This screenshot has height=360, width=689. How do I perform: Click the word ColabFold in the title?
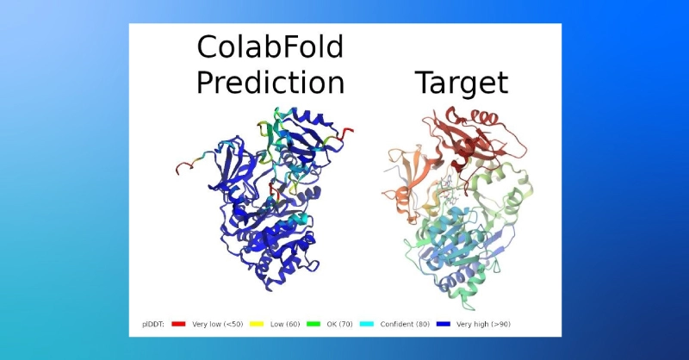click(270, 47)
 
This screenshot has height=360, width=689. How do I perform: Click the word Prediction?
click(270, 82)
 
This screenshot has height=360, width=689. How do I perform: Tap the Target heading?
click(462, 83)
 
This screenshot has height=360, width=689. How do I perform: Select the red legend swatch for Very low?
click(178, 324)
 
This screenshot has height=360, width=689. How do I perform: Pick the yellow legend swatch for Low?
click(257, 324)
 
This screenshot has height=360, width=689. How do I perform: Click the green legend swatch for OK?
click(313, 324)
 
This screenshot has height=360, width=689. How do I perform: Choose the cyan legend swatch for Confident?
click(367, 324)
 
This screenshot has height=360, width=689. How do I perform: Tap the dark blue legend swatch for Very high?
click(444, 324)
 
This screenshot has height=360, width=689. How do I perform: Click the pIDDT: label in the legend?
click(153, 325)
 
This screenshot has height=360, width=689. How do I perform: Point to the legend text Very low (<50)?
click(218, 325)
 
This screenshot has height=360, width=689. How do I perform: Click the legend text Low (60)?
click(285, 325)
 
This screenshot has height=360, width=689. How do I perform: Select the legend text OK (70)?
click(339, 325)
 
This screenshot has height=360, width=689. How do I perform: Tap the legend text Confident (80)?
click(405, 325)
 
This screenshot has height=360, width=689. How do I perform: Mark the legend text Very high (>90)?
click(483, 325)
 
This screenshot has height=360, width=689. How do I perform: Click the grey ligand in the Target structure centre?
click(448, 189)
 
